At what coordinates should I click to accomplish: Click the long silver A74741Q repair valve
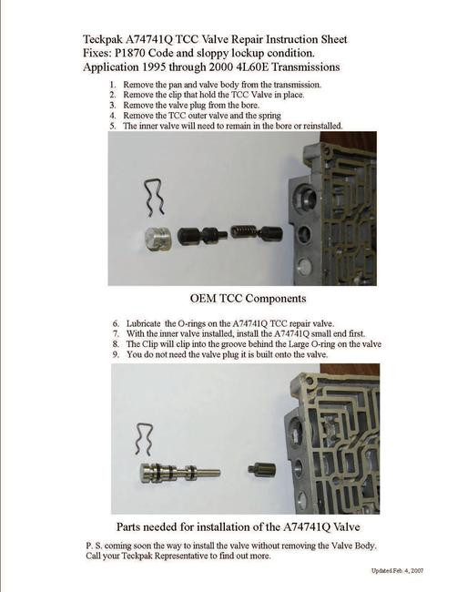[x=181, y=472]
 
